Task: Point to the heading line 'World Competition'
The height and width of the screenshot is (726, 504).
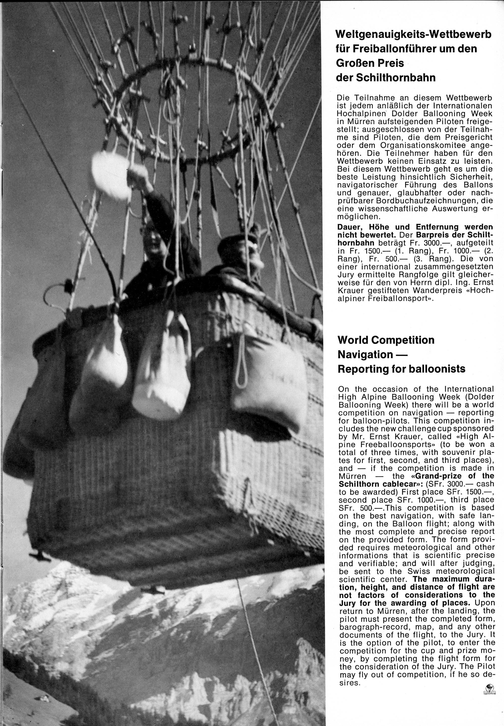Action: tap(386, 340)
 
